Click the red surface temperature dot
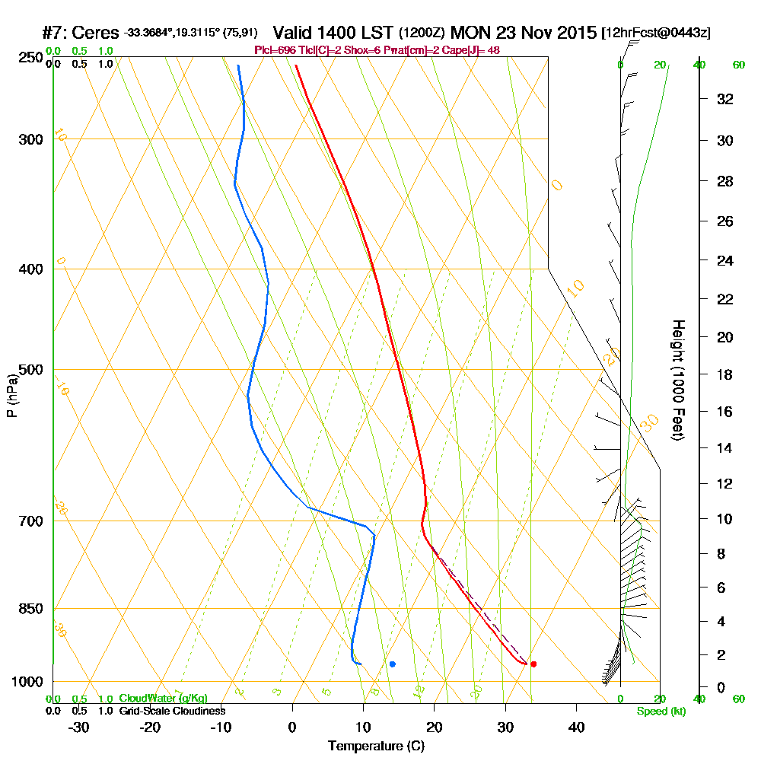[533, 664]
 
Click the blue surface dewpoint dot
[393, 664]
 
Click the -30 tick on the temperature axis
[79, 727]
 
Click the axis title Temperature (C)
[376, 747]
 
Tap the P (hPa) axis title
[12, 396]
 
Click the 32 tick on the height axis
[725, 99]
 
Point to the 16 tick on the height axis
[725, 412]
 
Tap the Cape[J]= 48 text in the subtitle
[473, 50]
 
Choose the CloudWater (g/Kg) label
[163, 699]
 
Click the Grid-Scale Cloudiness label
[172, 711]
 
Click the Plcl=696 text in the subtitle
[274, 50]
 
